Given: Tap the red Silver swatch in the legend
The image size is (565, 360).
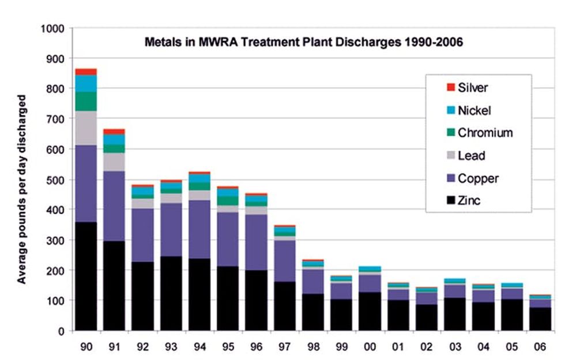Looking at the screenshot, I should pyautogui.click(x=450, y=88).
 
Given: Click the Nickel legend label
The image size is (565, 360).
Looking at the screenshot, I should pyautogui.click(x=474, y=110).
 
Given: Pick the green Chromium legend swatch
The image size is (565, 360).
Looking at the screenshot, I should pyautogui.click(x=450, y=133).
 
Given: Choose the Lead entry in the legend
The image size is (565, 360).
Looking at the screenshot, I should pyautogui.click(x=471, y=156).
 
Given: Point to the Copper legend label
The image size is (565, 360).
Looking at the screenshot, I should pyautogui.click(x=478, y=178).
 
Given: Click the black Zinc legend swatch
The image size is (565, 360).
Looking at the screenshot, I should pyautogui.click(x=450, y=201).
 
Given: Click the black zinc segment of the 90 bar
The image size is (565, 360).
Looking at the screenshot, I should pyautogui.click(x=86, y=276).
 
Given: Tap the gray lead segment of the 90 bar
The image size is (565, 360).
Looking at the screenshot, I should pyautogui.click(x=86, y=128).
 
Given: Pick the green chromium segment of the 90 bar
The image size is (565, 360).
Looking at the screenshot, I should pyautogui.click(x=86, y=101).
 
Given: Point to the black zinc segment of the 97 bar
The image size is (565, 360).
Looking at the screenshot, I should pyautogui.click(x=284, y=306).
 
